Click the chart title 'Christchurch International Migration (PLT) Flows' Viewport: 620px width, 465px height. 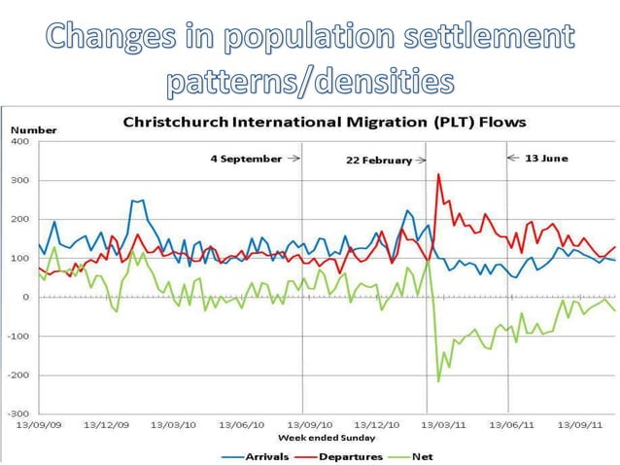324,123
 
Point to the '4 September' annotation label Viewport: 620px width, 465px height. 246,158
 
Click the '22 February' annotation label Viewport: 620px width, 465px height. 379,161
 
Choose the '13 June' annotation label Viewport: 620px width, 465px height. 546,158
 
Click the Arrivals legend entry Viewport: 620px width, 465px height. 256,456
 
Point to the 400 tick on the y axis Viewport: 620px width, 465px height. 20,141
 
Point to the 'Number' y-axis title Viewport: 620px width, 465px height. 34,129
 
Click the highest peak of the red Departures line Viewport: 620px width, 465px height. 438,174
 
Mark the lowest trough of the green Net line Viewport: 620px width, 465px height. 438,381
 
